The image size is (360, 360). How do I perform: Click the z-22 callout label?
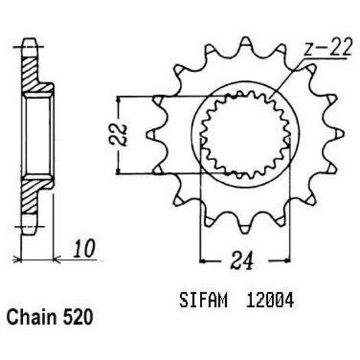point(329,48)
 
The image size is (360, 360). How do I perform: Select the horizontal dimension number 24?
point(242,260)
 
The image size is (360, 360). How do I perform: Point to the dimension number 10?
point(84,248)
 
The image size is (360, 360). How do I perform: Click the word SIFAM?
point(203,300)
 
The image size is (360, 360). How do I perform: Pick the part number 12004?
point(270,300)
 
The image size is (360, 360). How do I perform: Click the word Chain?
point(31,317)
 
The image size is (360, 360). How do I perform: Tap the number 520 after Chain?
point(77,317)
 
